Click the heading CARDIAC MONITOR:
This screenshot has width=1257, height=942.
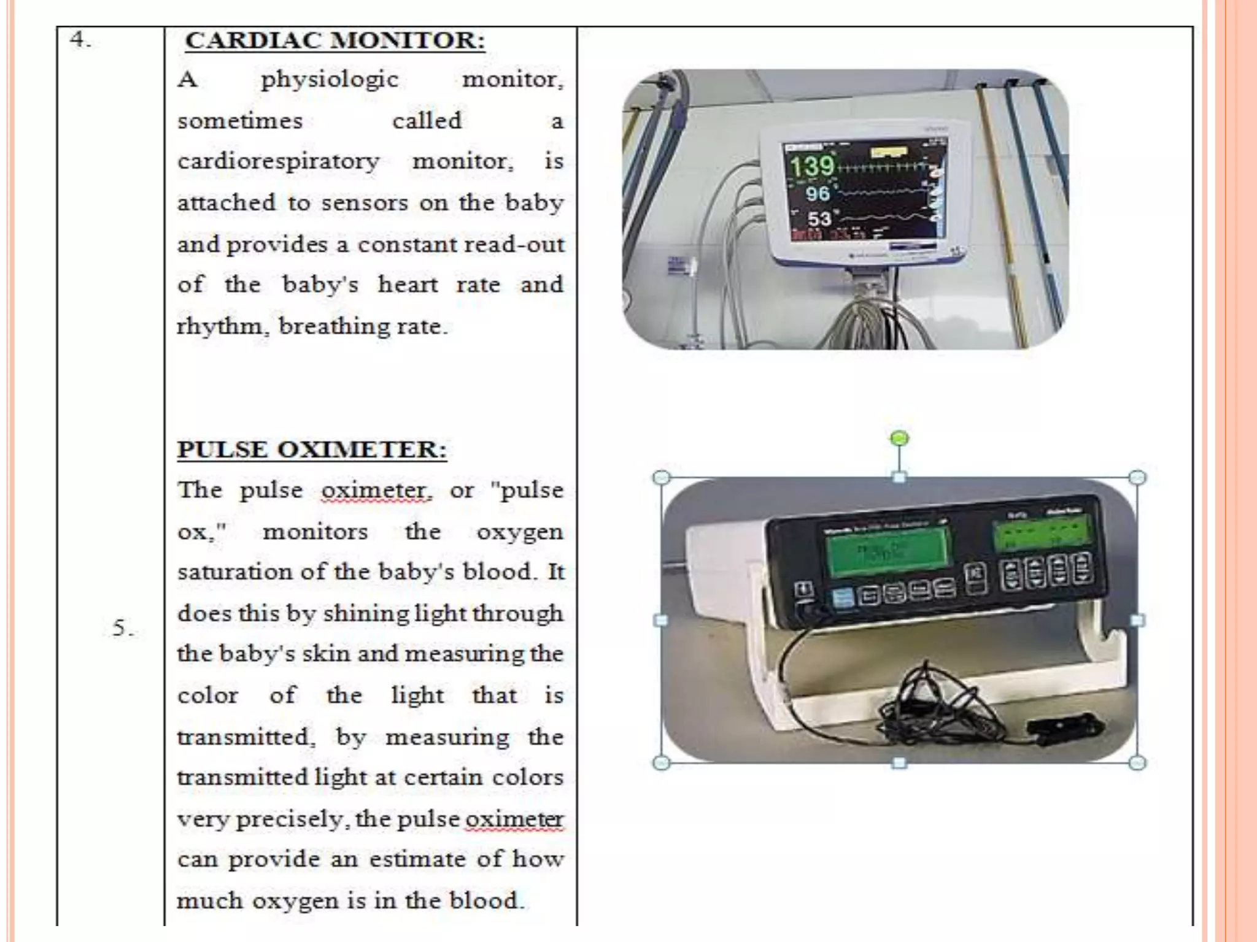[335, 40]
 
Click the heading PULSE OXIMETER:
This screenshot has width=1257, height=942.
[312, 449]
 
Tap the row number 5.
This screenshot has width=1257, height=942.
[123, 628]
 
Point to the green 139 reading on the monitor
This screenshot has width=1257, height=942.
[811, 166]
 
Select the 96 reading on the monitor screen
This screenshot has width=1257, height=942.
[818, 194]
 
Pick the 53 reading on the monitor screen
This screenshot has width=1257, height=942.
[819, 219]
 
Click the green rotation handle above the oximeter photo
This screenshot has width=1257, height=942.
[899, 438]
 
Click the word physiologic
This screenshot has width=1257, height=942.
[330, 80]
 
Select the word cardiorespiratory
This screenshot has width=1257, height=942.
[279, 162]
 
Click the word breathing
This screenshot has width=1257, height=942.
[333, 326]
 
